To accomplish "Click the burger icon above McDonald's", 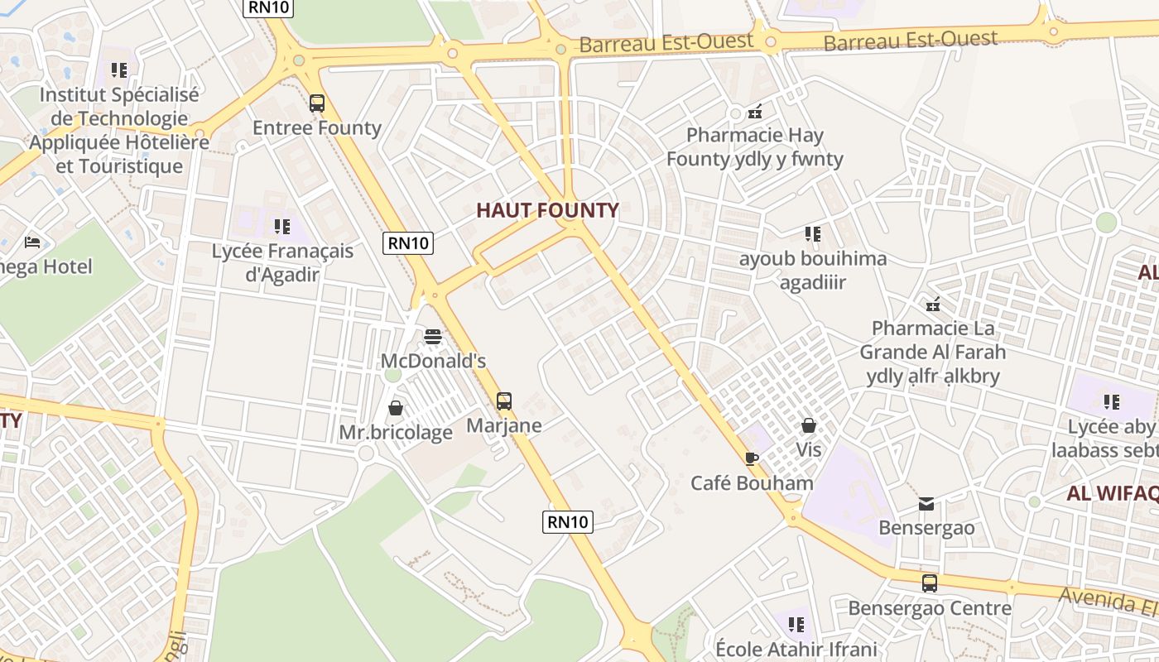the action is [433, 337].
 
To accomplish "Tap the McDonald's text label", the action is [433, 361].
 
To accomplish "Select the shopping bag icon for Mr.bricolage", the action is [396, 408].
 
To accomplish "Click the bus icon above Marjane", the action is [504, 401].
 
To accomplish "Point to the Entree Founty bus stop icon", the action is [317, 103].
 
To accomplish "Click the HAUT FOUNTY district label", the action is [547, 210].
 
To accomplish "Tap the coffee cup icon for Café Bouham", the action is [752, 458].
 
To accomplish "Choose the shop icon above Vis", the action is [809, 425].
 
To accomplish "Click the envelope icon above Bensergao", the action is [926, 503].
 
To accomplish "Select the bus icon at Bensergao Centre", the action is [930, 583].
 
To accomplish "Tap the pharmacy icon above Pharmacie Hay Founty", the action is [755, 111].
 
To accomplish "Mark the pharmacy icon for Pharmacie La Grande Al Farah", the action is [933, 305].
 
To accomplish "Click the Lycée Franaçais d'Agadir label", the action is [282, 262].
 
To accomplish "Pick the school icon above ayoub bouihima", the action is [813, 234].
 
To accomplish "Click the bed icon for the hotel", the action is [32, 242].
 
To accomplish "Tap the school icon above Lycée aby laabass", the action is [1112, 402].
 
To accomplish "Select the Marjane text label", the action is [504, 425].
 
